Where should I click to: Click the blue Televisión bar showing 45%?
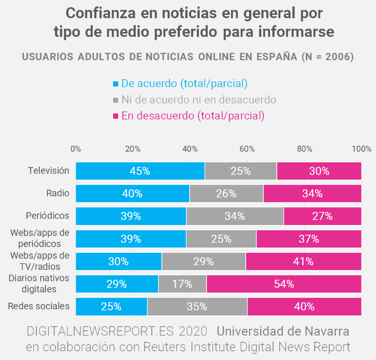tap(140, 171)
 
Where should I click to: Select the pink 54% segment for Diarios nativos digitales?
tap(284, 284)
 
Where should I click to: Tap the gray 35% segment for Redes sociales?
tap(197, 306)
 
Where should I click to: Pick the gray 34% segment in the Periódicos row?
tap(235, 216)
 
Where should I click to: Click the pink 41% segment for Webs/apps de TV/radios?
tap(304, 261)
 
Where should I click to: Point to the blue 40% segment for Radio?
tap(132, 193)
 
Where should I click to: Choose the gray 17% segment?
tap(182, 284)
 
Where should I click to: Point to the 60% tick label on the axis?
tap(247, 149)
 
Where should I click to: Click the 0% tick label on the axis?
tap(76, 149)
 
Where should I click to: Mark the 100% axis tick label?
tap(361, 149)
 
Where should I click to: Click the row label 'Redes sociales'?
tap(39, 306)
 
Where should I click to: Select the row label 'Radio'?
tap(57, 193)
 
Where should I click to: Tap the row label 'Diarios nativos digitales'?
tap(39, 284)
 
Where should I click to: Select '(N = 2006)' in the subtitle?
tap(328, 56)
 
